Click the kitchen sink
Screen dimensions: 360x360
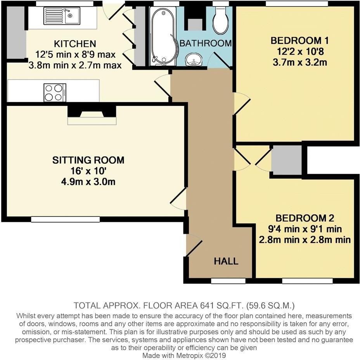tap(62, 16)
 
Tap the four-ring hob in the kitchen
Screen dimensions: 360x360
tap(55, 93)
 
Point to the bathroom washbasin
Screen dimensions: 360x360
tap(194, 59)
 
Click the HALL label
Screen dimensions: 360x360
tap(226, 261)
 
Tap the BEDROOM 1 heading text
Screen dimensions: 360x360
tap(299, 41)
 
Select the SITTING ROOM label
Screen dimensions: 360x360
tap(88, 160)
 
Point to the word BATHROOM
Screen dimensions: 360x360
tap(206, 43)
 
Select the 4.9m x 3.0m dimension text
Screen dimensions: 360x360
tap(88, 182)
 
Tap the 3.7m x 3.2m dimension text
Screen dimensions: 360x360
tap(300, 62)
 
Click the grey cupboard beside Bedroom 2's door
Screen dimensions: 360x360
tap(287, 160)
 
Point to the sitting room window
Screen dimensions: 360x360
tap(66, 219)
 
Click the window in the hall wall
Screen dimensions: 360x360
tap(228, 281)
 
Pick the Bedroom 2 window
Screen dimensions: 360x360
tap(307, 281)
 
